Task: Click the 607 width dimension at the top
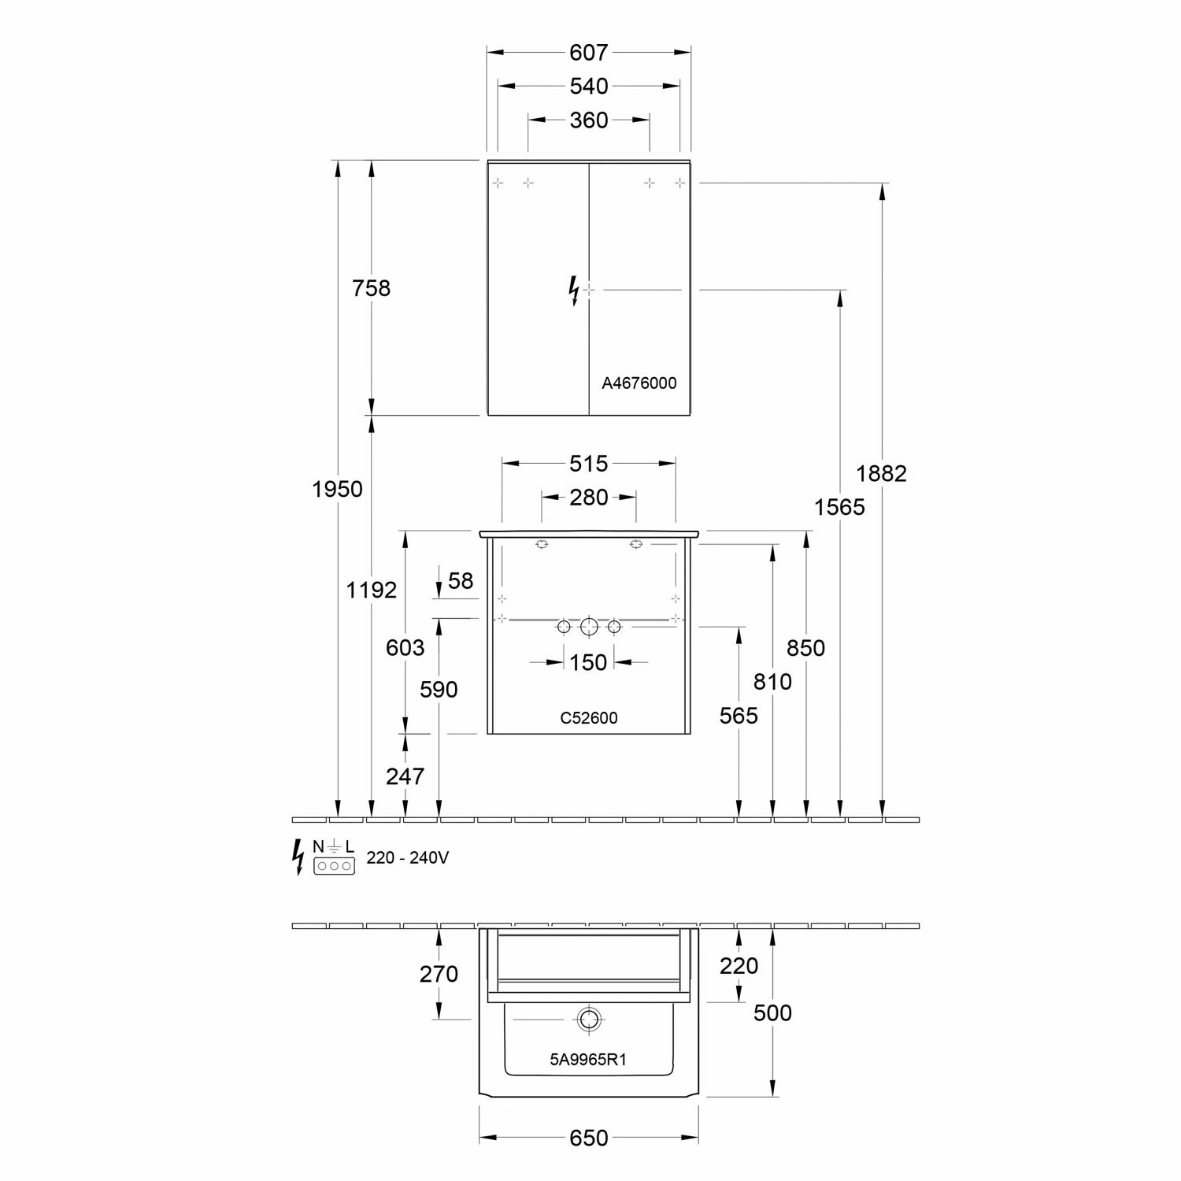[589, 52]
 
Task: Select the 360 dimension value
[589, 120]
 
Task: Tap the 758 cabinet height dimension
[371, 288]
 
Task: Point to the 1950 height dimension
[337, 489]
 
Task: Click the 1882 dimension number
[881, 473]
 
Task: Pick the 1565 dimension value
[839, 507]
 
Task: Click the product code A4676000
[639, 383]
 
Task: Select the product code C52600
[589, 718]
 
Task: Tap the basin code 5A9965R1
[588, 1060]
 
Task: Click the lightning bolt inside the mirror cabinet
[574, 290]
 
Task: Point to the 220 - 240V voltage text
[408, 857]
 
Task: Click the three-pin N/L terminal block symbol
[334, 865]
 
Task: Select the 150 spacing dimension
[589, 662]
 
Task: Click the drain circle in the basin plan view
[588, 1020]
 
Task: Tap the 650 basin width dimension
[589, 1138]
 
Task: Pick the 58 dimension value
[461, 581]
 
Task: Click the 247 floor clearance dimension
[405, 776]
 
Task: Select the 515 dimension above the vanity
[589, 464]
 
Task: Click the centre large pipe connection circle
[589, 627]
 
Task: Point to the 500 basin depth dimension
[772, 1013]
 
